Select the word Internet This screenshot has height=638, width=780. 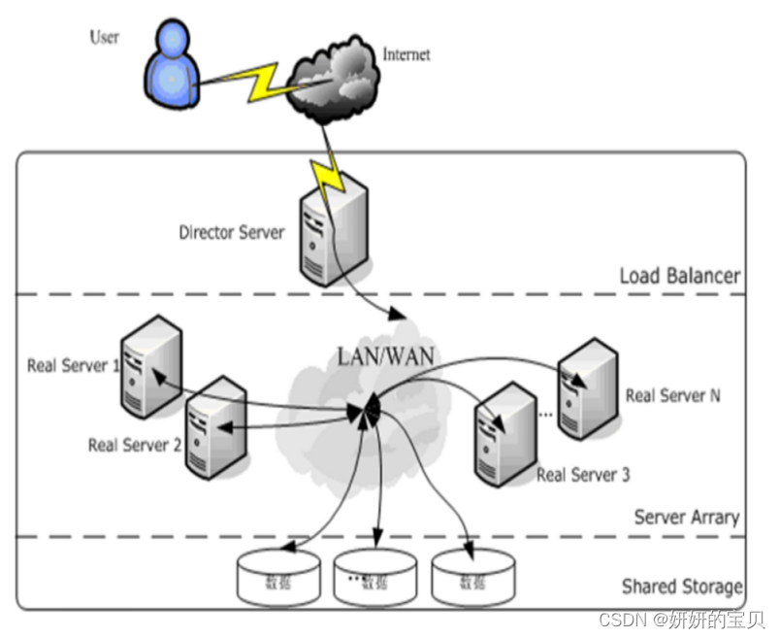(406, 54)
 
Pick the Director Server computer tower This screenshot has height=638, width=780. (328, 233)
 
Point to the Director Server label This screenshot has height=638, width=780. (232, 233)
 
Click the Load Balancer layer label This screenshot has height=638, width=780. (679, 276)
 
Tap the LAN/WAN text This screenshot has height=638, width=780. (385, 356)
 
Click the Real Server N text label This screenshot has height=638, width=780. (672, 395)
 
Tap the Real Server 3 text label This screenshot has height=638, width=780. (583, 475)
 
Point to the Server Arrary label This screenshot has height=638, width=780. (686, 517)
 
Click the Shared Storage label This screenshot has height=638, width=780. (682, 587)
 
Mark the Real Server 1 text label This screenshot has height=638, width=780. (74, 366)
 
